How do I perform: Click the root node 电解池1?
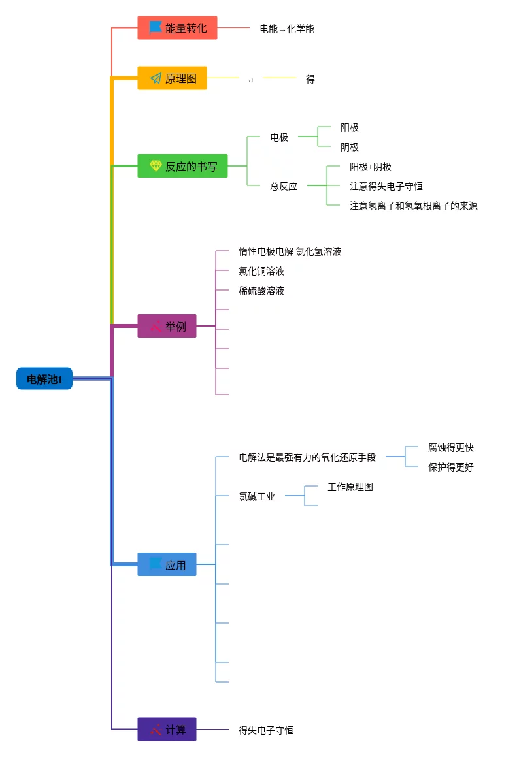coord(44,379)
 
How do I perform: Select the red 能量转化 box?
coord(177,28)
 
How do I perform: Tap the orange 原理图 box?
coord(172,78)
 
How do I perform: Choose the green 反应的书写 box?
coord(182,166)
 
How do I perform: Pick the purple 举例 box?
coord(167,326)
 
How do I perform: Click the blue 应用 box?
coord(167,565)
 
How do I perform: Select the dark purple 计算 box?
coord(167,730)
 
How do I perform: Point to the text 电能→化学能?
coord(287,29)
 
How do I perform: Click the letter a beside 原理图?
coord(251,79)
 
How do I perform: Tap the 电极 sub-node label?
coord(279,137)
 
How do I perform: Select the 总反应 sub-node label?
coord(284,186)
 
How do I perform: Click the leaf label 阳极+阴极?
coord(371,167)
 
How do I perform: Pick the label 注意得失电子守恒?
coord(386,186)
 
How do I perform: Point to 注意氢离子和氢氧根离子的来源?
coord(414,206)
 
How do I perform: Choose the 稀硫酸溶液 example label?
coord(261,291)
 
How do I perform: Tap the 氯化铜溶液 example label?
coord(261,271)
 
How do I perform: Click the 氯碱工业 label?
coord(257,496)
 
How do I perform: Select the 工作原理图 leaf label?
coord(350,487)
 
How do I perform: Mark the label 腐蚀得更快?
coord(451,447)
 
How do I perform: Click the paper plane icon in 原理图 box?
coord(156,78)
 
